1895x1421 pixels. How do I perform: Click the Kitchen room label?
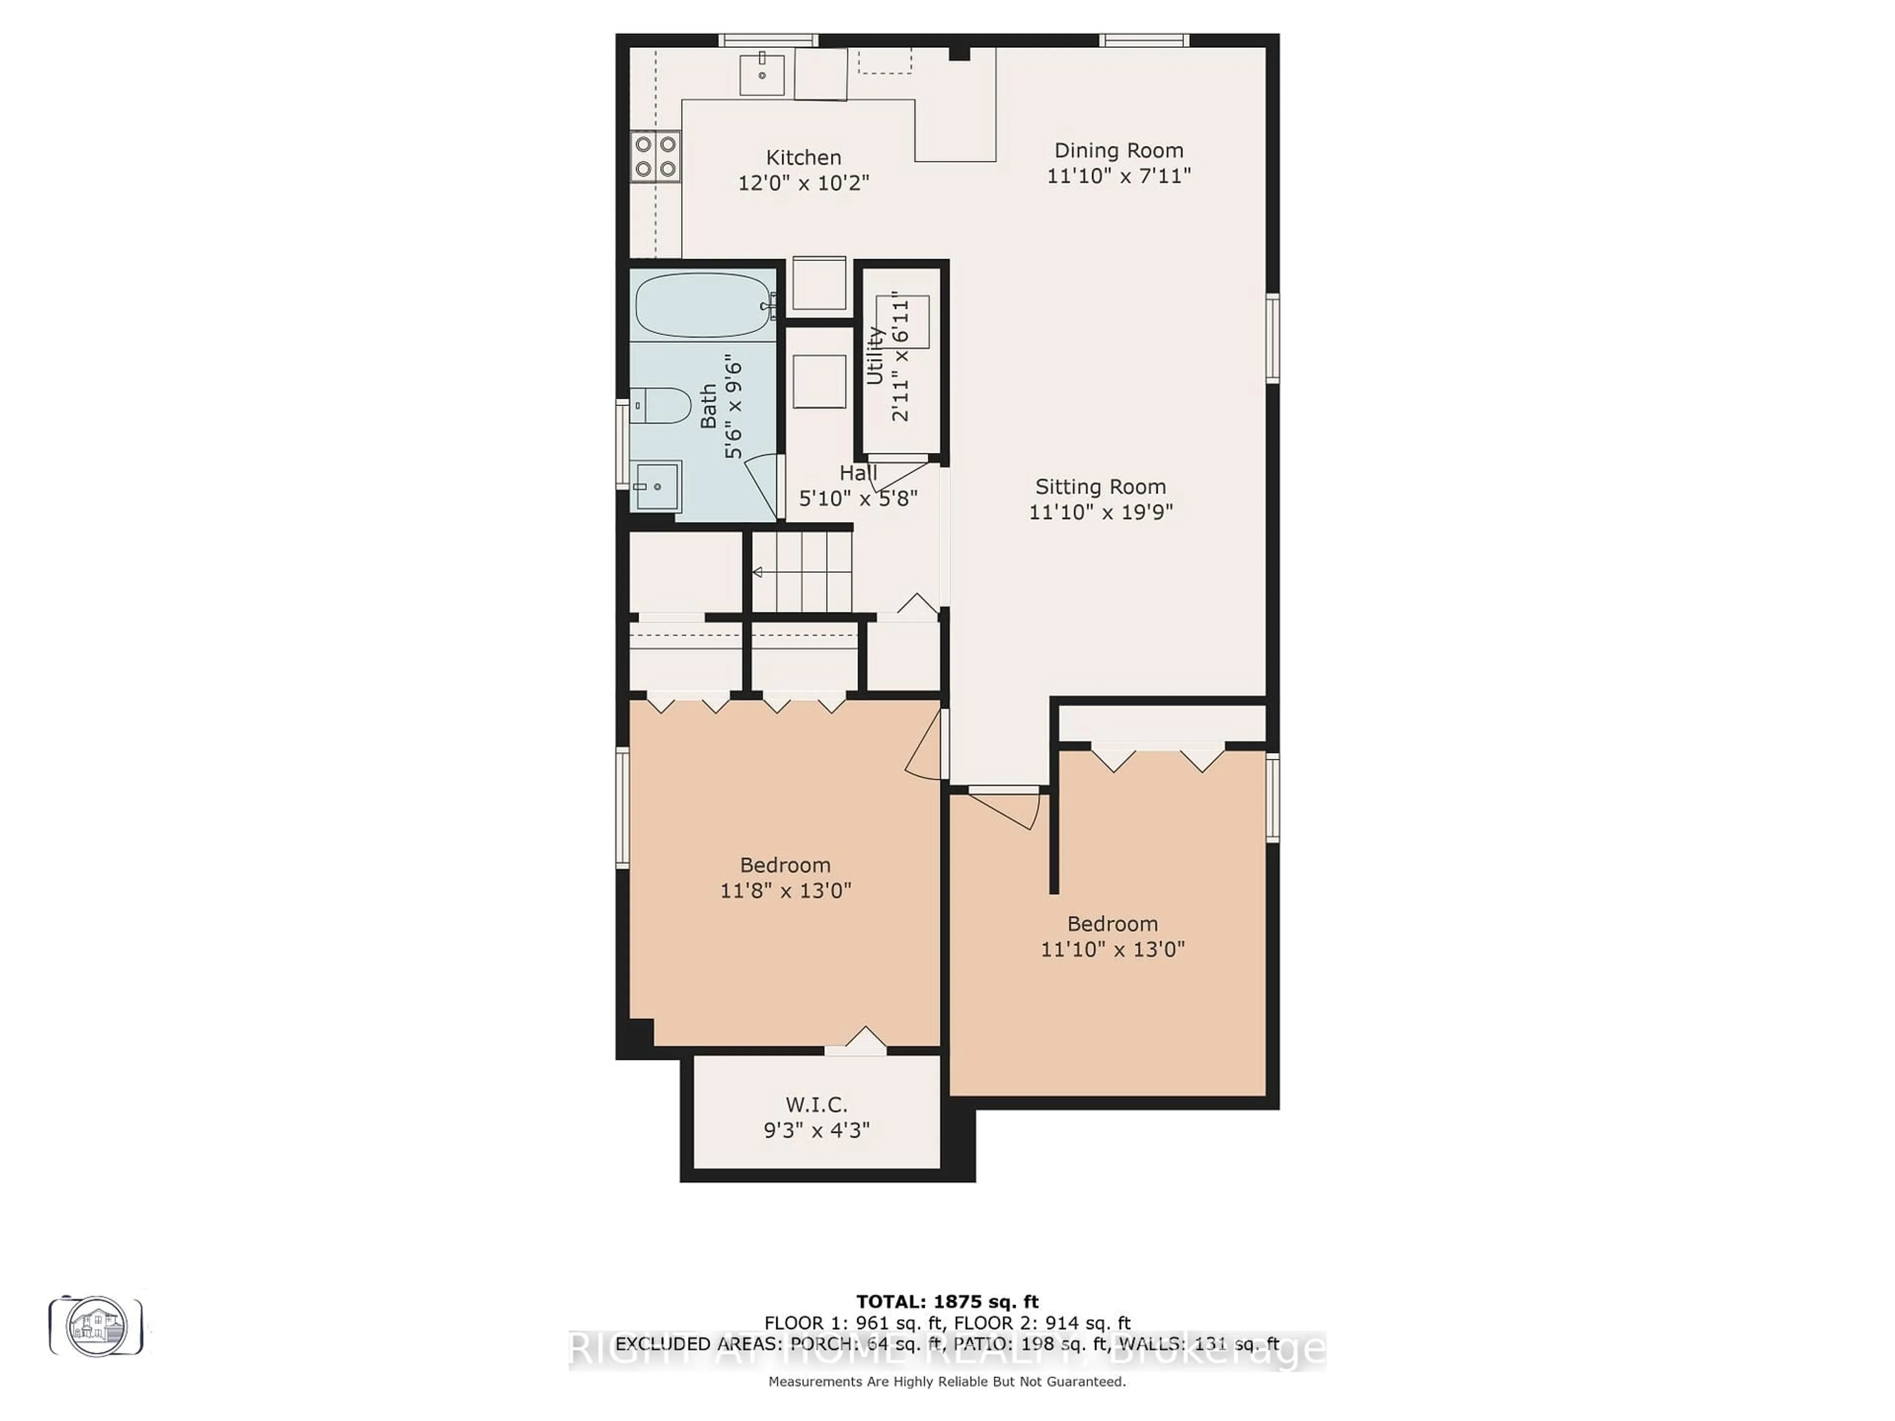click(803, 157)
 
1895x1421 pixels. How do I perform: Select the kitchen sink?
click(761, 74)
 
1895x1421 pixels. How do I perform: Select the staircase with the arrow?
click(801, 571)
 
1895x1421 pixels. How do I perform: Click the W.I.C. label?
click(816, 1105)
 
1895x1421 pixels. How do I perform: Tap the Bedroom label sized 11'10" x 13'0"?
click(1112, 924)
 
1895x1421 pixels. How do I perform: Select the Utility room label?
click(874, 355)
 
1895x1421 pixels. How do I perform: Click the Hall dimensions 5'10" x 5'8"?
click(858, 498)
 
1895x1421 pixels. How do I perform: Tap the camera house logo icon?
click(96, 1326)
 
